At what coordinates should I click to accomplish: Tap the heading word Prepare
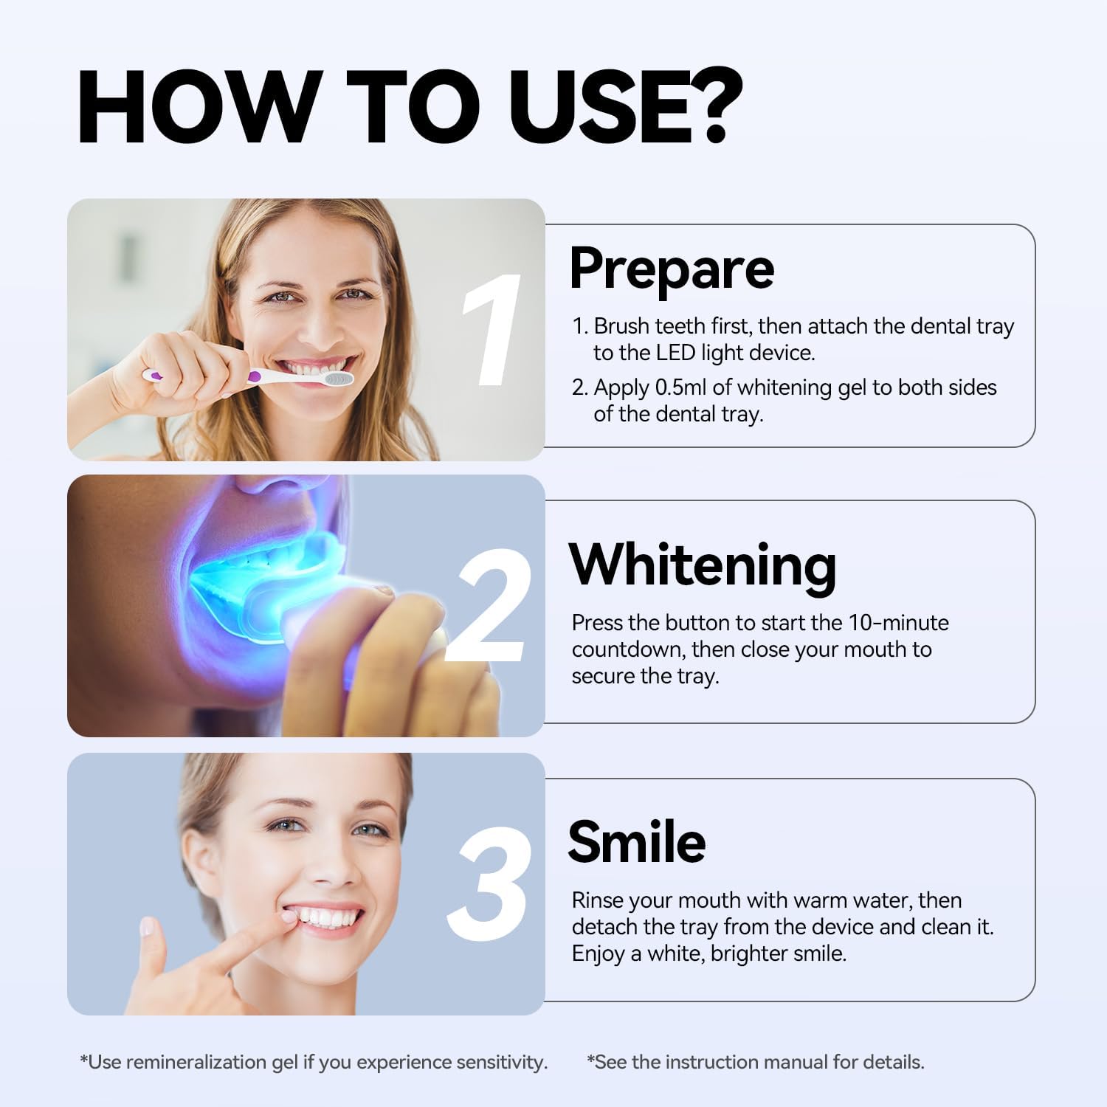coord(672,268)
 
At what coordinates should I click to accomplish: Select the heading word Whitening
coord(703,566)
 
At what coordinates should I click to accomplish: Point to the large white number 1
coord(491,330)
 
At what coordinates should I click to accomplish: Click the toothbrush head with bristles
coord(334,379)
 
